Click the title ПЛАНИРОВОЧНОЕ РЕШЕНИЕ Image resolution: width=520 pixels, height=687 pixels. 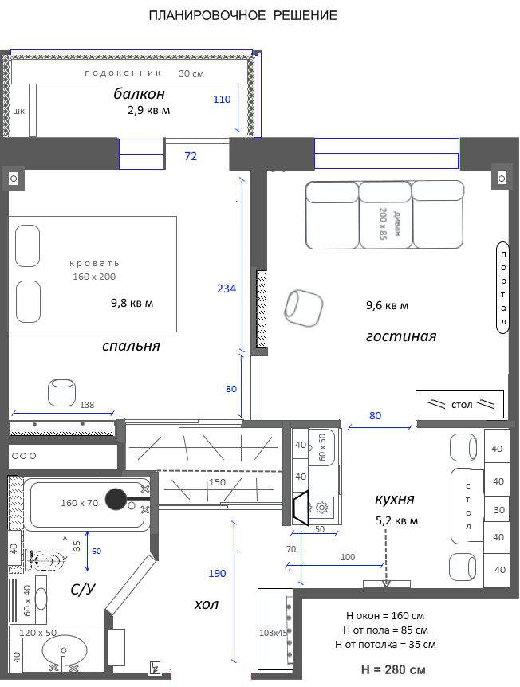pyautogui.click(x=243, y=16)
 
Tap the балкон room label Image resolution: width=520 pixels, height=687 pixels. pyautogui.click(x=139, y=93)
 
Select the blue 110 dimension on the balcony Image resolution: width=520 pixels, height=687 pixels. pyautogui.click(x=222, y=100)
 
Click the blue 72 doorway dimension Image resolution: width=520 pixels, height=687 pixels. pyautogui.click(x=191, y=156)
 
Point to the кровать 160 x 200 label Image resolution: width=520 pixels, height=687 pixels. pyautogui.click(x=94, y=270)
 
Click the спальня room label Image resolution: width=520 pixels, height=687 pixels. pyautogui.click(x=131, y=346)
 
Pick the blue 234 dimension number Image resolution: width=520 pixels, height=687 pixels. pyautogui.click(x=227, y=289)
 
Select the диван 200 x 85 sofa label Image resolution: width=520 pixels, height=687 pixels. pyautogui.click(x=389, y=223)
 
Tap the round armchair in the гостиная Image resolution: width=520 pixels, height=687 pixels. pyautogui.click(x=303, y=308)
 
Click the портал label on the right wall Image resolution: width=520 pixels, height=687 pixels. pyautogui.click(x=503, y=288)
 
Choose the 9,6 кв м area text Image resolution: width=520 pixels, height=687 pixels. pyautogui.click(x=387, y=305)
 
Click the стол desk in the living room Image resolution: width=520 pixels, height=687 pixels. pyautogui.click(x=459, y=404)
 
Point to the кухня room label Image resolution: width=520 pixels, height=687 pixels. pyautogui.click(x=395, y=499)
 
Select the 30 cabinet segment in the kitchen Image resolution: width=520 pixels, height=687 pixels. pyautogui.click(x=498, y=510)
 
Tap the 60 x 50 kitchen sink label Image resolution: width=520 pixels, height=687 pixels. pyautogui.click(x=322, y=447)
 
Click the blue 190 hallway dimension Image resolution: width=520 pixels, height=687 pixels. pyautogui.click(x=217, y=574)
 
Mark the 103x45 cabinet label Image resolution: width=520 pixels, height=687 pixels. pyautogui.click(x=273, y=633)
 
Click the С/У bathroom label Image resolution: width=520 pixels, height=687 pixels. pyautogui.click(x=83, y=590)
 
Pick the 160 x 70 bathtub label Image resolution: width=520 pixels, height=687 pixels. pyautogui.click(x=79, y=503)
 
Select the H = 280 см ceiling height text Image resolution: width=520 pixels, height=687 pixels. pyautogui.click(x=393, y=669)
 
